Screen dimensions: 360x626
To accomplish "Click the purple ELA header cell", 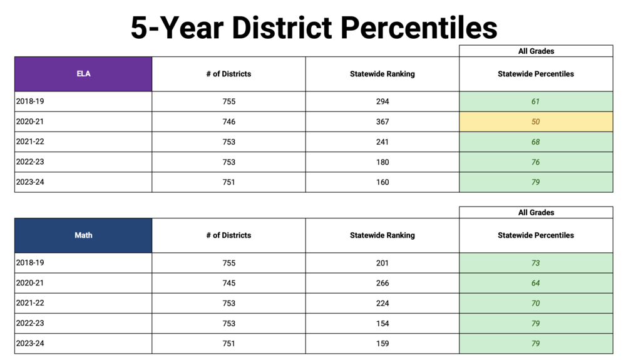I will click(83, 74).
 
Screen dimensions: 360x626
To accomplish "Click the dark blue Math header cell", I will click(83, 235).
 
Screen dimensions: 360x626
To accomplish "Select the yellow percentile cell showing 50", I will click(536, 122).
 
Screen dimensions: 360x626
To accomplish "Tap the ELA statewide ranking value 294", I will click(382, 101).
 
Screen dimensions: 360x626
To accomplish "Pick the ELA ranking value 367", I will click(382, 122).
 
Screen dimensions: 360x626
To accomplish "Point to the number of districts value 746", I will click(228, 122).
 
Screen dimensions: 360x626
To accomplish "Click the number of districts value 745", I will click(228, 283).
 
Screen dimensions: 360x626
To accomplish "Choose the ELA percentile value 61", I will click(536, 101).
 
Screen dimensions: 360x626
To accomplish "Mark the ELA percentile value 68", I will click(536, 142).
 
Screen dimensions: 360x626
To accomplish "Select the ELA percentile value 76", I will click(536, 162).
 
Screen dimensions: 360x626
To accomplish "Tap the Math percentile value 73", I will click(536, 263).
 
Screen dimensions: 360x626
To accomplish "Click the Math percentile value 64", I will click(536, 283).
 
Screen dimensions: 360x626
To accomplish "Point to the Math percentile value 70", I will click(536, 304).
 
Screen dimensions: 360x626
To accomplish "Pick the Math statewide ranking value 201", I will click(382, 263).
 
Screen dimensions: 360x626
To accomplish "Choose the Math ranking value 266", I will click(382, 283).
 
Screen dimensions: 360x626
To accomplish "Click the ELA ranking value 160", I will click(382, 182).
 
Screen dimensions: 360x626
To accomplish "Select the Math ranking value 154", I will click(382, 324).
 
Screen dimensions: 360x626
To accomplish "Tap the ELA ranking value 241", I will click(382, 142).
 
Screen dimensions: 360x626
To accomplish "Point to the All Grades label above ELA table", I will click(536, 51).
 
